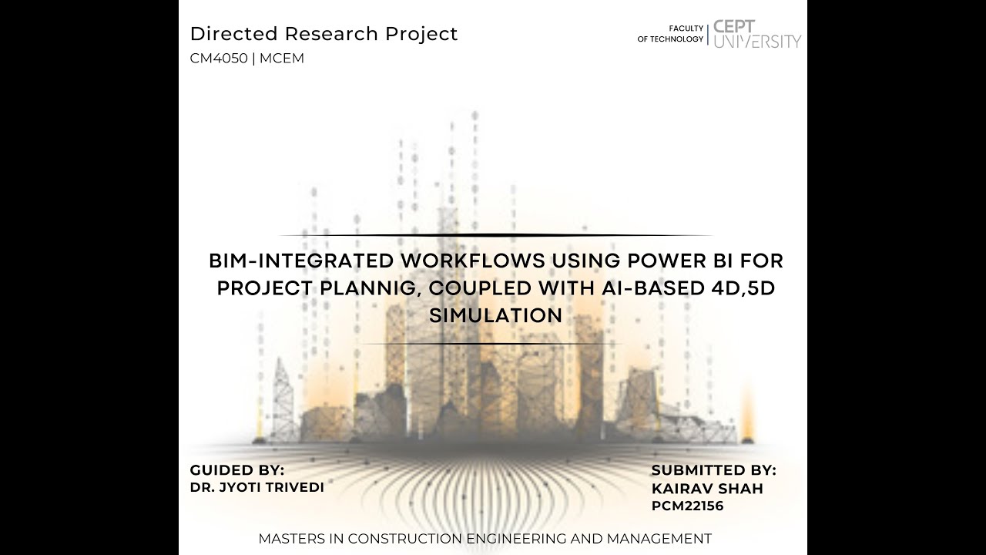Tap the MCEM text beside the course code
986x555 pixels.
click(282, 59)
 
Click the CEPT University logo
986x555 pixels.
click(756, 34)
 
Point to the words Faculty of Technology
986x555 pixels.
click(670, 34)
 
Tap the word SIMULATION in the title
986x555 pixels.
click(495, 315)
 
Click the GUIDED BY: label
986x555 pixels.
click(237, 470)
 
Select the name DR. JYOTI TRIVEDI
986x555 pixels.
click(257, 487)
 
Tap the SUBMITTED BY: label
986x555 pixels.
click(713, 470)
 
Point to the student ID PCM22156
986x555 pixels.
click(687, 506)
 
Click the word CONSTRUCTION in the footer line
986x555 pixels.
click(414, 538)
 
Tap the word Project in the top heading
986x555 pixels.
click(423, 34)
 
